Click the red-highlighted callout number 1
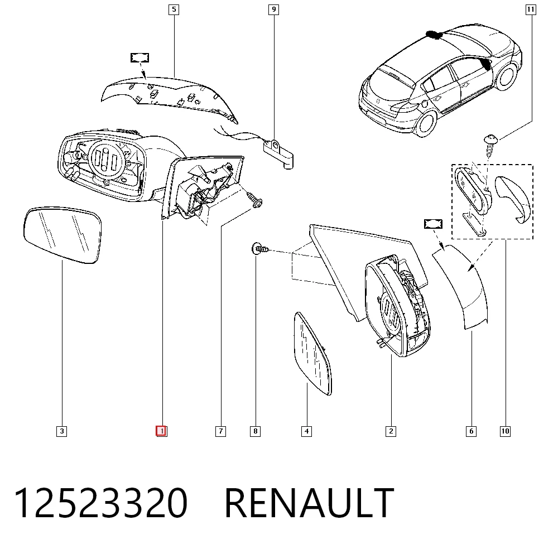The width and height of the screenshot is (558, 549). click(161, 431)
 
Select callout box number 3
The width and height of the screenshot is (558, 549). click(61, 431)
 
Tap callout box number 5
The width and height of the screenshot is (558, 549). click(174, 9)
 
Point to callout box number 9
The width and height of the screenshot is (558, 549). click(273, 9)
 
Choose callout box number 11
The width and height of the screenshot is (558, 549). click(531, 9)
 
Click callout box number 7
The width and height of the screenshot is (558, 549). click(220, 431)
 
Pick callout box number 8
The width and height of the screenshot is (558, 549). click(255, 431)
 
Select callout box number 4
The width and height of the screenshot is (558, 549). click(306, 431)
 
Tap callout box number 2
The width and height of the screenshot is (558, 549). click(391, 431)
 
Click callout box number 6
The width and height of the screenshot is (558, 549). click(471, 431)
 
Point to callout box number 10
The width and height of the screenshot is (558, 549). click(505, 431)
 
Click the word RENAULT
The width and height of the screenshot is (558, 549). click(309, 503)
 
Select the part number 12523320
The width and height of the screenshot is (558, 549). click(100, 503)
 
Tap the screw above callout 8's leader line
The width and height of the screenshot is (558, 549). click(261, 248)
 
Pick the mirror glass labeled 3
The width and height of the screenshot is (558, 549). click(62, 235)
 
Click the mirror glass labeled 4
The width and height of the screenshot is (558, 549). click(312, 353)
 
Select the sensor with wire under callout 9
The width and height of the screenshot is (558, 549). click(278, 154)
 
